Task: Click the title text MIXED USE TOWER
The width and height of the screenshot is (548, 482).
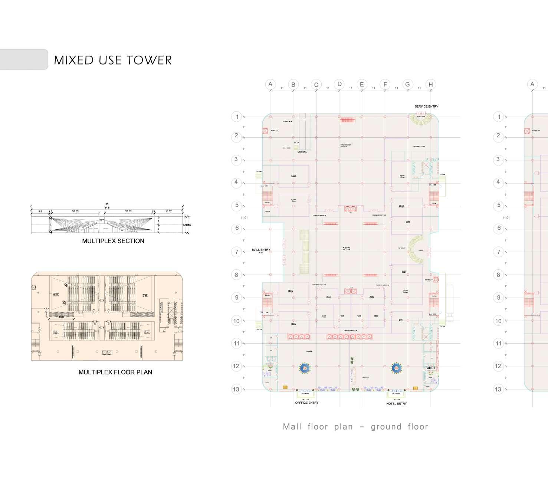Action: (113, 60)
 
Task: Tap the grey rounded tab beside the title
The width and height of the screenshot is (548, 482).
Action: (23, 59)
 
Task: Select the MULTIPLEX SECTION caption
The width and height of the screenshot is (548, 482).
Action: (113, 241)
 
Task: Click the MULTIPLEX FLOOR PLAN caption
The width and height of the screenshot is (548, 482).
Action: (115, 372)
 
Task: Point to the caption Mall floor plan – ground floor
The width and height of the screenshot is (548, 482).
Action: (355, 427)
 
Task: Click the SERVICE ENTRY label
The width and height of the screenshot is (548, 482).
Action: (426, 106)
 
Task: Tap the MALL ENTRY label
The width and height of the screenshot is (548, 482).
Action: (261, 250)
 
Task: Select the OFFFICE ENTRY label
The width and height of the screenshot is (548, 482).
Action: (306, 403)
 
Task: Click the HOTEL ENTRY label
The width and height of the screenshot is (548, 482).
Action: (396, 403)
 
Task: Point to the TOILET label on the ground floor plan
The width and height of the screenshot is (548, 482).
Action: (430, 368)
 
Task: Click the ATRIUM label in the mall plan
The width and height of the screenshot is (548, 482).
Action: (347, 247)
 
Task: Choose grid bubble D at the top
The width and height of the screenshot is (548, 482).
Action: (339, 84)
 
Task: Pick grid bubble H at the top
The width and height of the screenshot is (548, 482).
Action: (430, 85)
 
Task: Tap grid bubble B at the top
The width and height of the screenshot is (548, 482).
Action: (293, 85)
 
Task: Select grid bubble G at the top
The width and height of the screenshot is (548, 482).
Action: (407, 84)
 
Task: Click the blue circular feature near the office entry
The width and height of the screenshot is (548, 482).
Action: (305, 368)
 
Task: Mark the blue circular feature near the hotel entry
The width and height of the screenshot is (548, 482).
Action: (397, 368)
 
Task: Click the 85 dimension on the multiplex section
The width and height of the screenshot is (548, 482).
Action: (107, 204)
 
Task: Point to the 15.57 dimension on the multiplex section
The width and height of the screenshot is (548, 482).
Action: (168, 212)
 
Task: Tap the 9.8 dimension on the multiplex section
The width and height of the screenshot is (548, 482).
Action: (40, 212)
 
